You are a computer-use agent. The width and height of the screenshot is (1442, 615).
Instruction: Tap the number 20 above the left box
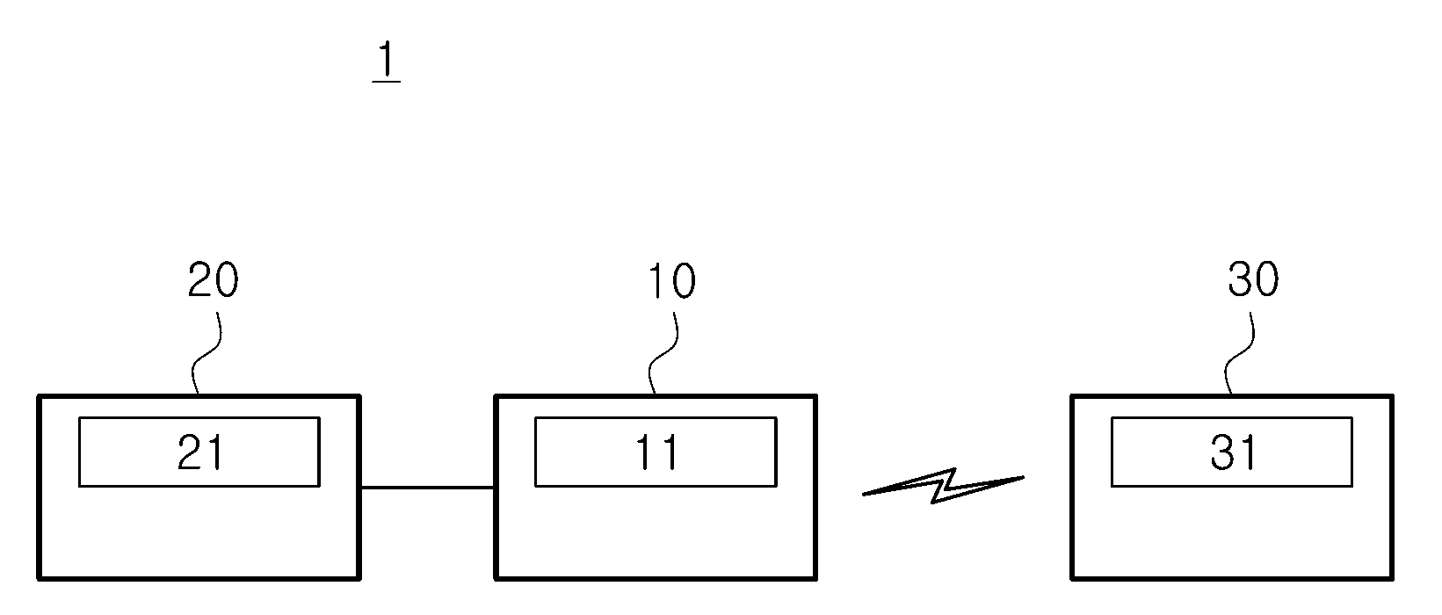point(213,280)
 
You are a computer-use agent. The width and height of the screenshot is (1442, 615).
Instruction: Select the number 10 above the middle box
point(671,282)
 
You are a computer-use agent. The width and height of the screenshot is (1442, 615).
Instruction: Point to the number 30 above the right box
point(1253,279)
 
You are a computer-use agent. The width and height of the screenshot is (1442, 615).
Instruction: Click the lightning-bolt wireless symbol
point(943,487)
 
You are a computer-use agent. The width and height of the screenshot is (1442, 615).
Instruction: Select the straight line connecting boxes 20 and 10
point(427,488)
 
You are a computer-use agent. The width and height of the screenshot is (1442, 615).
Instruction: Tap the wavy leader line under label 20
point(206,353)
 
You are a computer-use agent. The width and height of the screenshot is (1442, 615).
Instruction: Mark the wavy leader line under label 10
point(663,353)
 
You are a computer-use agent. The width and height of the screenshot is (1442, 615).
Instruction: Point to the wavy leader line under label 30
point(1239,353)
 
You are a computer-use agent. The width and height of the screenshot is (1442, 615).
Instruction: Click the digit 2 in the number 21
point(191,452)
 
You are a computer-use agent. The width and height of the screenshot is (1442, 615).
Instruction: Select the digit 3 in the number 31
point(1223,452)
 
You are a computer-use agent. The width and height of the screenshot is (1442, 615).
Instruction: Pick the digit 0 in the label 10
point(683,282)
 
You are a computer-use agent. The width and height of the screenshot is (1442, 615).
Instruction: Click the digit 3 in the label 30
point(1240,279)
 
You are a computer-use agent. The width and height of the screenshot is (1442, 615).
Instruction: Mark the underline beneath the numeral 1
point(387,82)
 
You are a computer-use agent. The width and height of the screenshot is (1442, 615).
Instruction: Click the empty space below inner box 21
point(199,532)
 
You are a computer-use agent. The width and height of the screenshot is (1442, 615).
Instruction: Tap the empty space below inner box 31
point(1231,532)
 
